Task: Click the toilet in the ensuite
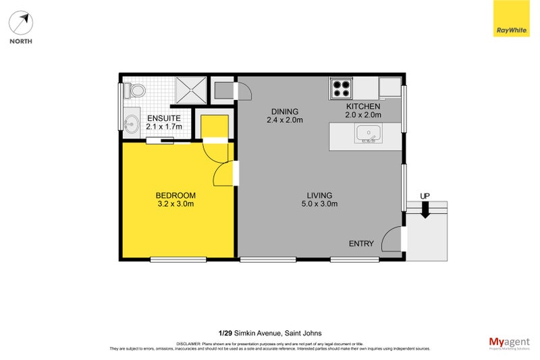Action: (x=136, y=90)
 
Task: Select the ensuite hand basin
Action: (x=132, y=124)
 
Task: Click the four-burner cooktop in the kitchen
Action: (x=341, y=88)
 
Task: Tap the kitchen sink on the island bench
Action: (x=369, y=133)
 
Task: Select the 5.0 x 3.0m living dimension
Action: (x=319, y=203)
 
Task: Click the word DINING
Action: (x=284, y=112)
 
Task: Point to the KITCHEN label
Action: (x=363, y=107)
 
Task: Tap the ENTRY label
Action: (x=361, y=244)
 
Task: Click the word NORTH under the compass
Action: (x=21, y=41)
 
